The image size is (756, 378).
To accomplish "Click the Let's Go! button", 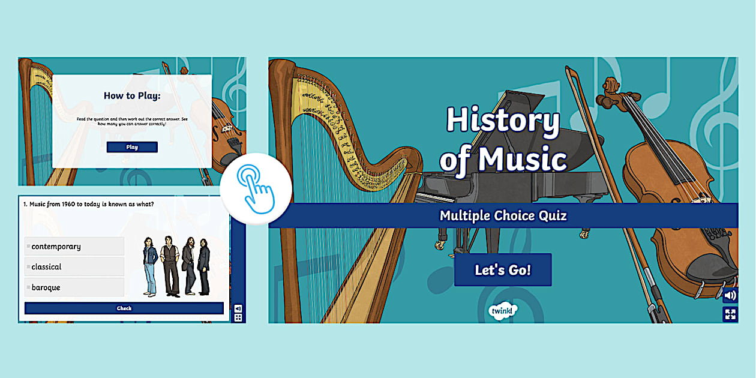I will [503, 270].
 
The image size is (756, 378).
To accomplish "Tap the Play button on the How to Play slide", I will [132, 147].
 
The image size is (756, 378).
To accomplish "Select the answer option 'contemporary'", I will [74, 247].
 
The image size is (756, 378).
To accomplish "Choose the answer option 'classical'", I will [74, 267].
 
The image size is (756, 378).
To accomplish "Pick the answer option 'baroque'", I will [74, 287].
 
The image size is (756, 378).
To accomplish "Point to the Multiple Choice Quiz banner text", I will [503, 215].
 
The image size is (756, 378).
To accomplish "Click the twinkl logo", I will [503, 310].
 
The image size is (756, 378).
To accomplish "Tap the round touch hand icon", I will [256, 188].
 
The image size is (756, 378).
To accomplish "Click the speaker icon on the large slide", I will [730, 295].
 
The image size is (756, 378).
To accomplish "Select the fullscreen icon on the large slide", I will [730, 314].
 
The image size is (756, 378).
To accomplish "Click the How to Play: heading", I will [132, 95].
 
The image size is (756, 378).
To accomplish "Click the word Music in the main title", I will [522, 160].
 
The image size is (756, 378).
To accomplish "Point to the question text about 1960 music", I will [89, 205].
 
